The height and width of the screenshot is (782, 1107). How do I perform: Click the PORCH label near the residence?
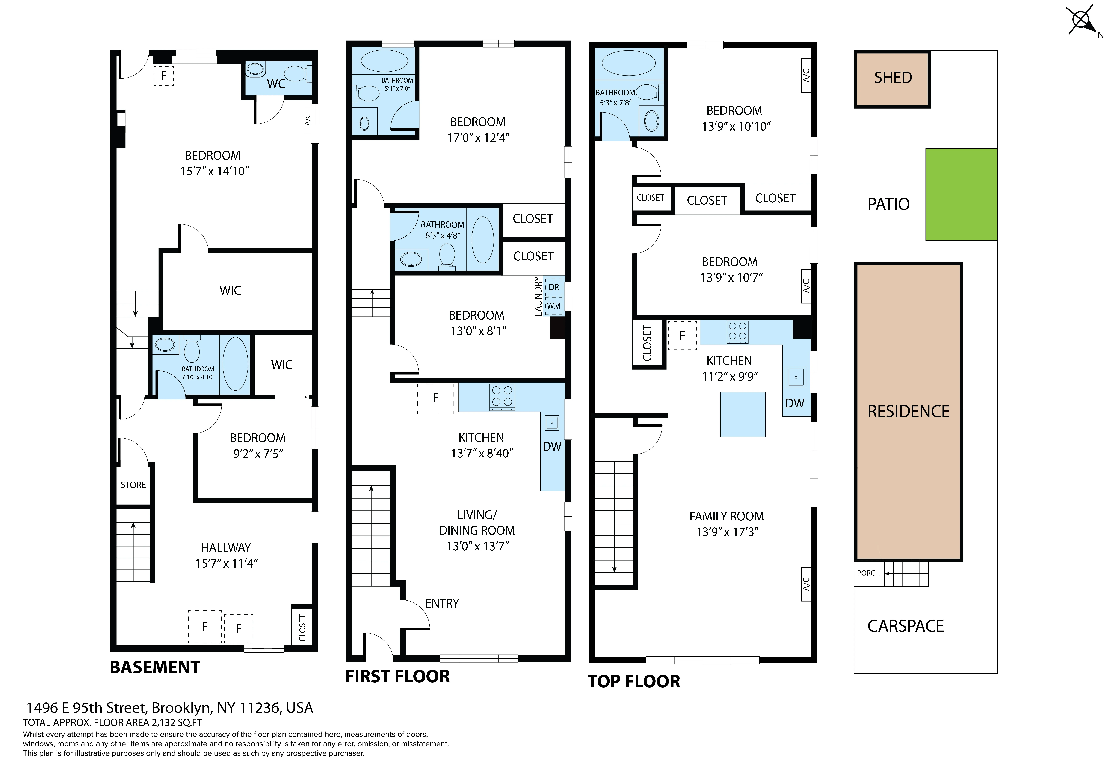[x=868, y=573]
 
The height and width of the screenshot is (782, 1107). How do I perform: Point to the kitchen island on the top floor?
[x=743, y=414]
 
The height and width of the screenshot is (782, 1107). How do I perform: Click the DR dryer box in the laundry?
[x=554, y=287]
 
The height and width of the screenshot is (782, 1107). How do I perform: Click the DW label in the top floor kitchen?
[x=795, y=403]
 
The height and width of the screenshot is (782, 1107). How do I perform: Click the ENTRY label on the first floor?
[x=442, y=603]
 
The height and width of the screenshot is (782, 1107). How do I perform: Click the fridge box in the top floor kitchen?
[x=682, y=335]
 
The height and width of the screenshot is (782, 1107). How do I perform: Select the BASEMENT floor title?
[x=155, y=667]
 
